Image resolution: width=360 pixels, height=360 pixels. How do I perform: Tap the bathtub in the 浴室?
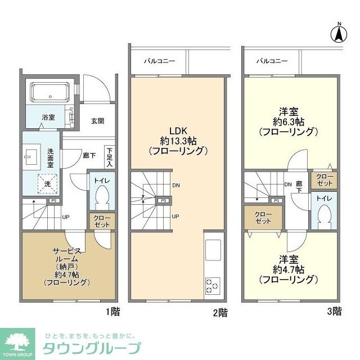point(49,91)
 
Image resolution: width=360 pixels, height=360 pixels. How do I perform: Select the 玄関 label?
point(97,121)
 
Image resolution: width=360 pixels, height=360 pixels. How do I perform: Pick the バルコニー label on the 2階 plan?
point(159,60)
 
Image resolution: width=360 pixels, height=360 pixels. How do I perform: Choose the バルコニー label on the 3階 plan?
point(272,60)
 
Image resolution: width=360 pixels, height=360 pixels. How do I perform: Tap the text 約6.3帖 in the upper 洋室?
point(289,121)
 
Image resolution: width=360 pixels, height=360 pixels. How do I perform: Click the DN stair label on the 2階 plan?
point(176,185)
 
